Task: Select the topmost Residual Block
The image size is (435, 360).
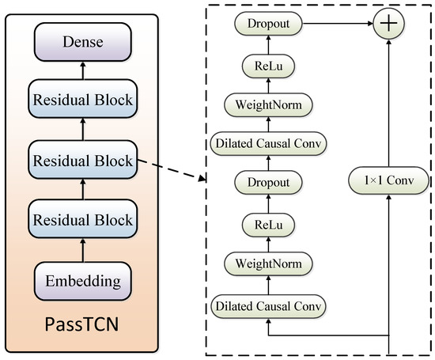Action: pyautogui.click(x=83, y=100)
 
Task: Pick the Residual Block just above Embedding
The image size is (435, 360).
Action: pyautogui.click(x=83, y=218)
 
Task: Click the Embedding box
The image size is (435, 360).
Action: pyautogui.click(x=83, y=279)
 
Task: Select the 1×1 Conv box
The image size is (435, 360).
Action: pyautogui.click(x=388, y=182)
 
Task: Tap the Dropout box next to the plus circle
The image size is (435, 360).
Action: pyautogui.click(x=268, y=24)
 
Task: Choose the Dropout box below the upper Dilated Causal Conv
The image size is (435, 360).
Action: pyautogui.click(x=268, y=183)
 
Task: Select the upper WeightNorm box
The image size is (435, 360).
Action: pyautogui.click(x=268, y=104)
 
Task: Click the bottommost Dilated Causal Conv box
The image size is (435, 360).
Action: pyautogui.click(x=268, y=305)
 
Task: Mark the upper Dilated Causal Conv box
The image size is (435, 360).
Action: pyautogui.click(x=268, y=143)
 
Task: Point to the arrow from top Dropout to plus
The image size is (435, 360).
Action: pyautogui.click(x=336, y=24)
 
